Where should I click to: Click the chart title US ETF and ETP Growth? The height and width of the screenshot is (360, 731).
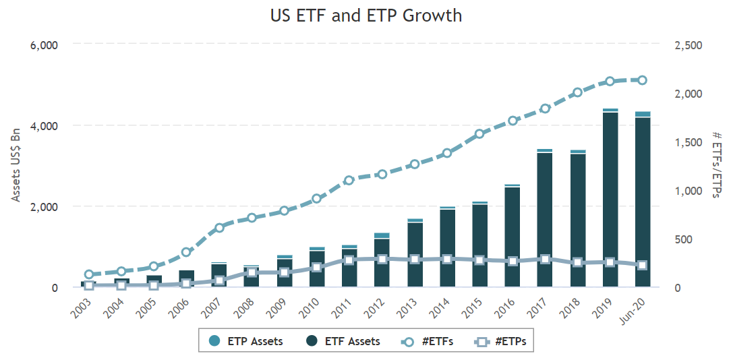point(365,15)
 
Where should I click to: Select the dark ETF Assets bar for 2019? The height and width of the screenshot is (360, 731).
point(610,200)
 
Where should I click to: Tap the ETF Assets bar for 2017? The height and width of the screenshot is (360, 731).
point(545,220)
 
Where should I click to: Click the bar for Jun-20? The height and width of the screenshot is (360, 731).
point(643,202)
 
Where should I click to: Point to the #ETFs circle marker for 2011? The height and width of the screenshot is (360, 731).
point(349,181)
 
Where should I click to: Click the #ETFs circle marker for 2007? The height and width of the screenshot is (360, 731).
point(219,228)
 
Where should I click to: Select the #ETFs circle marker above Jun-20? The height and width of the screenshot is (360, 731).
point(643,80)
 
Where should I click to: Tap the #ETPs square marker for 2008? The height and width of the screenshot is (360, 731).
point(252,272)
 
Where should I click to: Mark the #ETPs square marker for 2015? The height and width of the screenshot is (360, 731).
point(479,260)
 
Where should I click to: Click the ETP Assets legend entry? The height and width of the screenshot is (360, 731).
point(247,341)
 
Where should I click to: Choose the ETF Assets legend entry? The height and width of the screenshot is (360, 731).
point(343,341)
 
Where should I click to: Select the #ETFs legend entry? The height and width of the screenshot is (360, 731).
point(428,341)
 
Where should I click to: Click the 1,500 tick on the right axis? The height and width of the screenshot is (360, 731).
point(689,142)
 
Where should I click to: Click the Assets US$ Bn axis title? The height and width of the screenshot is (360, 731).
point(16,165)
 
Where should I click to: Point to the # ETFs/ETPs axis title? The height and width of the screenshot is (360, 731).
point(716,165)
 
